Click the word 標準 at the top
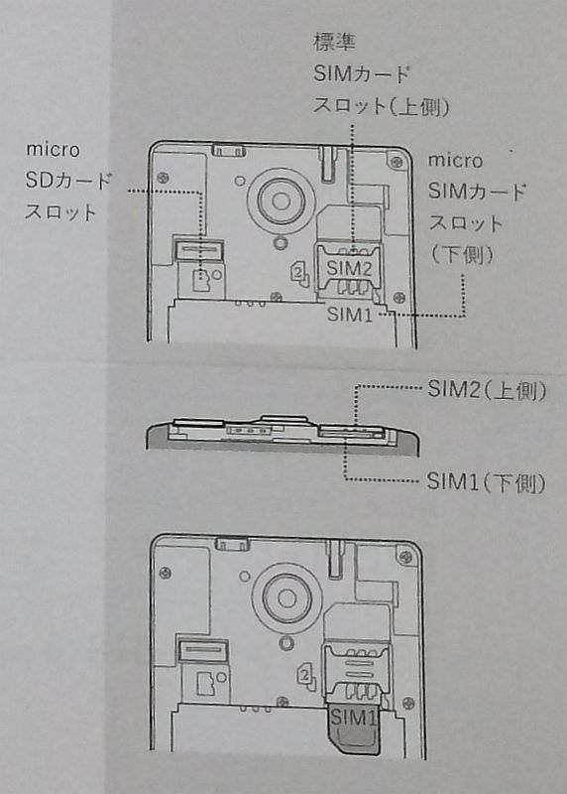coord(334,42)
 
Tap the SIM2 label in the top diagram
coord(350,268)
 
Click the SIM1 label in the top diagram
coord(350,315)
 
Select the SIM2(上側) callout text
coord(487,390)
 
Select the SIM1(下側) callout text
coord(486,482)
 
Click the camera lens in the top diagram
coord(282,200)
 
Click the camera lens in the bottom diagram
coord(286,598)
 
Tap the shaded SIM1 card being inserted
coord(354,728)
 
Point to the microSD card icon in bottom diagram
coord(206,684)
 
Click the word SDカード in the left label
coord(68,182)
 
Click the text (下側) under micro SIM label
coord(462,255)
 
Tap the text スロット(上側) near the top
coord(382,106)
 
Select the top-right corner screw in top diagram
coord(397,162)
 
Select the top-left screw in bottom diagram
coord(165,574)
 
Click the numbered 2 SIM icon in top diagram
coord(299,274)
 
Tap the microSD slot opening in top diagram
coord(199,250)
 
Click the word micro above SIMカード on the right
coord(455,161)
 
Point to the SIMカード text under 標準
coord(361,74)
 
